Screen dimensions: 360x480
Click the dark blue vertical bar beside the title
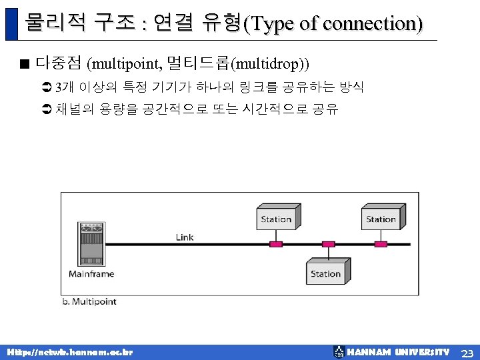point(10,23)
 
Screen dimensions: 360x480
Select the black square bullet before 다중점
point(25,65)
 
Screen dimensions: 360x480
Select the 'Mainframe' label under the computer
point(91,274)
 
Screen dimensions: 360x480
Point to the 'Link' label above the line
point(185,237)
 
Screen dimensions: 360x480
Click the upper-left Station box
point(276,219)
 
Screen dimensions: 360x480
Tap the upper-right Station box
point(381,219)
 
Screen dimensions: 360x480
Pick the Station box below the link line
point(327,273)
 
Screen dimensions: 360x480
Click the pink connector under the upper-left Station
point(276,244)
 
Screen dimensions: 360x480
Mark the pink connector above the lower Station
point(328,244)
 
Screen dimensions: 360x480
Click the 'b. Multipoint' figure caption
point(89,301)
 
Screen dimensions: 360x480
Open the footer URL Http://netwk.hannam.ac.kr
point(69,351)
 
